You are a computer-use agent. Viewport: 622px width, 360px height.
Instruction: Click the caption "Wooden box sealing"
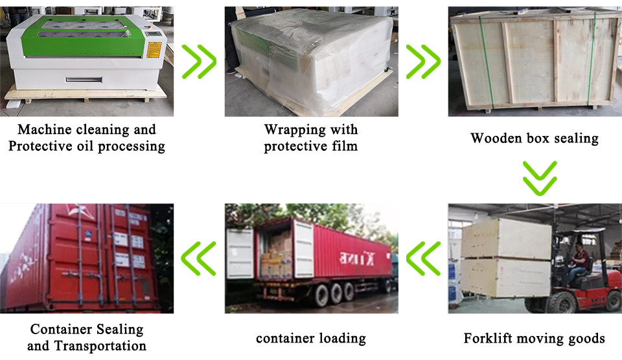[x=534, y=138]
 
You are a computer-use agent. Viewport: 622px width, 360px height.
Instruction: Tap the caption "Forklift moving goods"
[x=534, y=338]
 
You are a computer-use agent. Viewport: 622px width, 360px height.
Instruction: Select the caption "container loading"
[x=311, y=338]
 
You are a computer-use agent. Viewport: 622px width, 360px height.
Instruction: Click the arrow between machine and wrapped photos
[x=199, y=62]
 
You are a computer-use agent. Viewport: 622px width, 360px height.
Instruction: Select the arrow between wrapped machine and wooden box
[x=422, y=62]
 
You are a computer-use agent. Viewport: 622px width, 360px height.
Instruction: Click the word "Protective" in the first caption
[x=38, y=146]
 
